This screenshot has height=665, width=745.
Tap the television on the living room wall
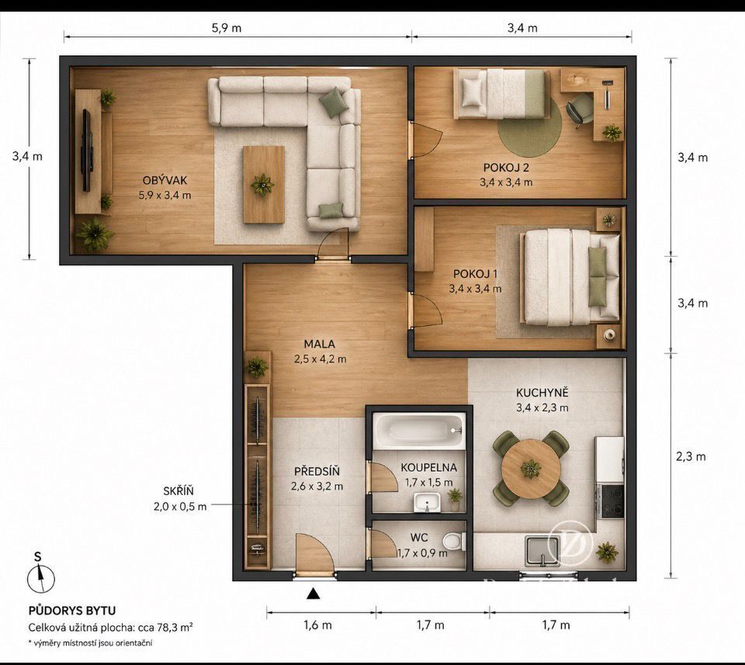86,150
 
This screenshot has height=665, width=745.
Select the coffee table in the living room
264,185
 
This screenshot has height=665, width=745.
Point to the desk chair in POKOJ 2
579,109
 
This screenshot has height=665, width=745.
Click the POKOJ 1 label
475,274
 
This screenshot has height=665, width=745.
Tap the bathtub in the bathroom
419,431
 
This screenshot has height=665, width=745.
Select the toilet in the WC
453,541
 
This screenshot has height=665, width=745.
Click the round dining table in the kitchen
531,469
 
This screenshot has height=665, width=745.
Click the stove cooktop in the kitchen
611,501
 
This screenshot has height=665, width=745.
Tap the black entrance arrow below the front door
313,594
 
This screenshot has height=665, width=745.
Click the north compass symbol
41,579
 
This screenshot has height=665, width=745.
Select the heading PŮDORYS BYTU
72,611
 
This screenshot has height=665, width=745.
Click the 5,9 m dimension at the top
227,28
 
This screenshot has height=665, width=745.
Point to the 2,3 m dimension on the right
691,457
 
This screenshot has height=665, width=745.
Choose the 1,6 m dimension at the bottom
318,625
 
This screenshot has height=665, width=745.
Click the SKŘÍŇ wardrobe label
178,492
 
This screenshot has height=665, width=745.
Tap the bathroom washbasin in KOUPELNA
427,503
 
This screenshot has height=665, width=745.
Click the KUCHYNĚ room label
542,393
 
